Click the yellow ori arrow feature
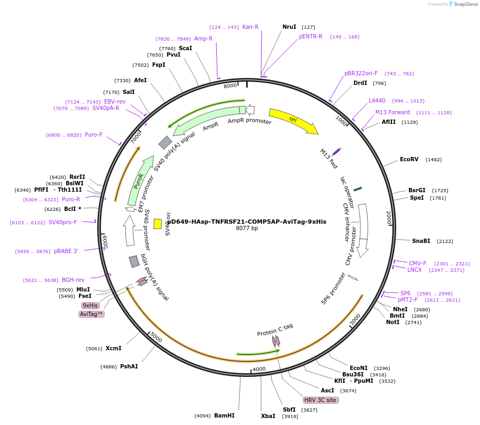click(x=293, y=120)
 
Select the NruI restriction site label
click(x=289, y=27)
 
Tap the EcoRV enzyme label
click(x=409, y=159)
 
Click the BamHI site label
click(x=224, y=415)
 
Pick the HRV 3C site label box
click(x=320, y=400)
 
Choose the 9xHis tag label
click(x=90, y=305)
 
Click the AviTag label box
click(x=91, y=314)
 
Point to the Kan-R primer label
click(x=250, y=27)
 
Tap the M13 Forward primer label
click(x=392, y=112)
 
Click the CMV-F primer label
click(x=418, y=263)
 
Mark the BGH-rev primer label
click(x=73, y=280)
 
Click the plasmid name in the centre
click(x=246, y=222)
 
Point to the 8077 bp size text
click(x=247, y=229)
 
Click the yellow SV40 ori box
click(x=158, y=224)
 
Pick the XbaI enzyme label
click(x=268, y=415)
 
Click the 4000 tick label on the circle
click(x=259, y=369)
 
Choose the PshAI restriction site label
click(x=129, y=366)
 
